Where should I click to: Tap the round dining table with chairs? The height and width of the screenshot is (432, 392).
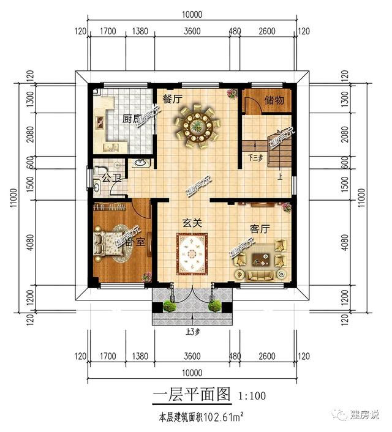pos(197,125)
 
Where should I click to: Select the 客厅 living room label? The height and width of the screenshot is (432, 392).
pos(260,229)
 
